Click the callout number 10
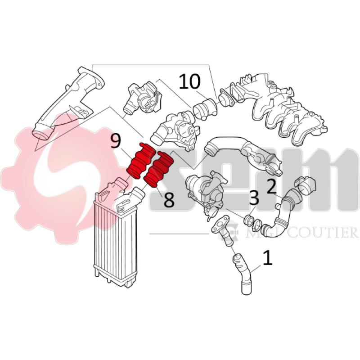189,82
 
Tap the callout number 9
116,142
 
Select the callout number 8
168,200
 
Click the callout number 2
271,185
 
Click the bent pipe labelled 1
243,274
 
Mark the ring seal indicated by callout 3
248,220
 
